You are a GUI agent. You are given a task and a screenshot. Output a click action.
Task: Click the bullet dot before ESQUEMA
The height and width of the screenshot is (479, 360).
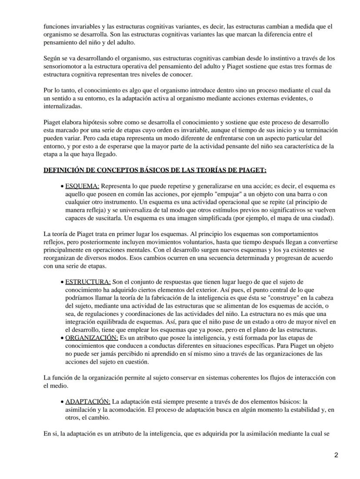[x=62, y=186]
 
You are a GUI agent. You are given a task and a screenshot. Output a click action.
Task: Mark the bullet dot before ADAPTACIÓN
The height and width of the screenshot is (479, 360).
[x=62, y=401]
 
